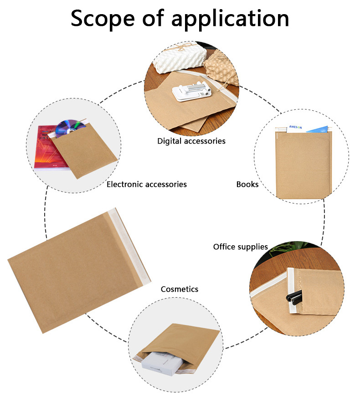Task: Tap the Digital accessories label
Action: [x=191, y=141]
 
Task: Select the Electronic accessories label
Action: [x=146, y=184]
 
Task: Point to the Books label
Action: [x=247, y=184]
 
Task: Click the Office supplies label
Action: [x=241, y=247]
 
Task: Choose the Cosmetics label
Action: [x=180, y=289]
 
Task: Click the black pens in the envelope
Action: [x=293, y=295]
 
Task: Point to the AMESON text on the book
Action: [x=295, y=128]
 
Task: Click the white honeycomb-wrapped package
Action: [x=170, y=59]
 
